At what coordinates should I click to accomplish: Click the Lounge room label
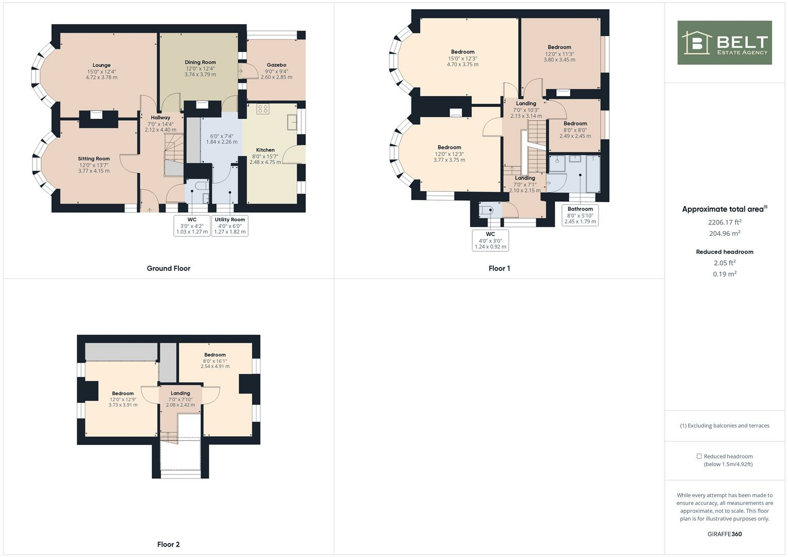(x=102, y=65)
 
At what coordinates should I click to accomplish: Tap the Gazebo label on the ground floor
(x=277, y=65)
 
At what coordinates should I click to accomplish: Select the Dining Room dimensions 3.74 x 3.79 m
(x=200, y=75)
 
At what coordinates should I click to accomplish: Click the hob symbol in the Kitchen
(x=263, y=109)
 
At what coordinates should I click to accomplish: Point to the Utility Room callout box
(x=230, y=225)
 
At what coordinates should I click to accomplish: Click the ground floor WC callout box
(x=192, y=225)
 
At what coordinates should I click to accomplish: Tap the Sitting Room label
(x=94, y=159)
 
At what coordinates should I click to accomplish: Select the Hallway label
(x=160, y=118)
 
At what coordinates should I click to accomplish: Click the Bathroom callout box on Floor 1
(x=580, y=215)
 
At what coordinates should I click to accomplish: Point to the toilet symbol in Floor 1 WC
(x=485, y=210)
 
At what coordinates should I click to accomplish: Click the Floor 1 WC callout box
(x=490, y=240)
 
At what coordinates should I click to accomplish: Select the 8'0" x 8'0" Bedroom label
(x=575, y=124)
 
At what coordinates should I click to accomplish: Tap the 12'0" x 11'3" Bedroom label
(x=559, y=47)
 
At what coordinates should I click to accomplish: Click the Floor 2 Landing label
(x=180, y=393)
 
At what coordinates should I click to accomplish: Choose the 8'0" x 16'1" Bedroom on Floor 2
(x=215, y=355)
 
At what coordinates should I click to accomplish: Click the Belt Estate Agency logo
(x=725, y=43)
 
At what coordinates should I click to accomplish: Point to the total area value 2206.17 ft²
(x=725, y=222)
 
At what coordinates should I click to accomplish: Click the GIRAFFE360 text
(x=725, y=534)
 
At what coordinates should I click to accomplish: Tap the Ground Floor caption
(x=168, y=268)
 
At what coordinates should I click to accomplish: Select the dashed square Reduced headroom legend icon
(x=699, y=456)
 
